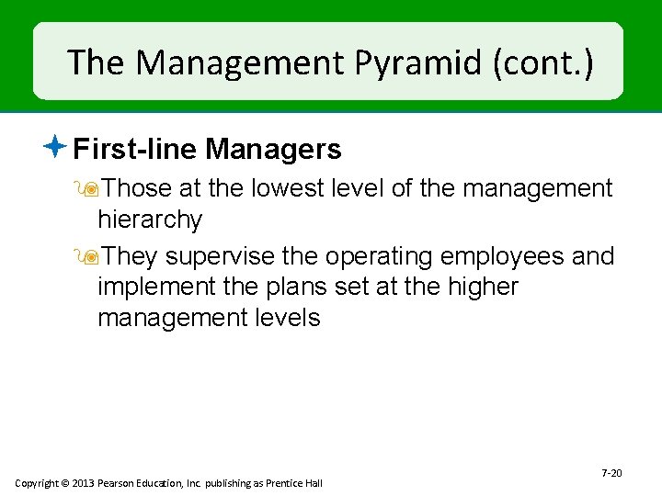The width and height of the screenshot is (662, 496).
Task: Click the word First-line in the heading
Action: (136, 149)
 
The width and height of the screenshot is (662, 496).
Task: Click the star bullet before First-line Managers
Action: (57, 145)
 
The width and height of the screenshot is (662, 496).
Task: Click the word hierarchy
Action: (150, 220)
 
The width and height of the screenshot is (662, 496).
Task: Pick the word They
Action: (131, 256)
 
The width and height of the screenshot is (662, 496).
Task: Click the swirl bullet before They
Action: (89, 256)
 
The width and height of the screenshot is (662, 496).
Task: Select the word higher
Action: (482, 287)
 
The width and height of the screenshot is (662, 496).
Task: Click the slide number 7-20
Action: (611, 473)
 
